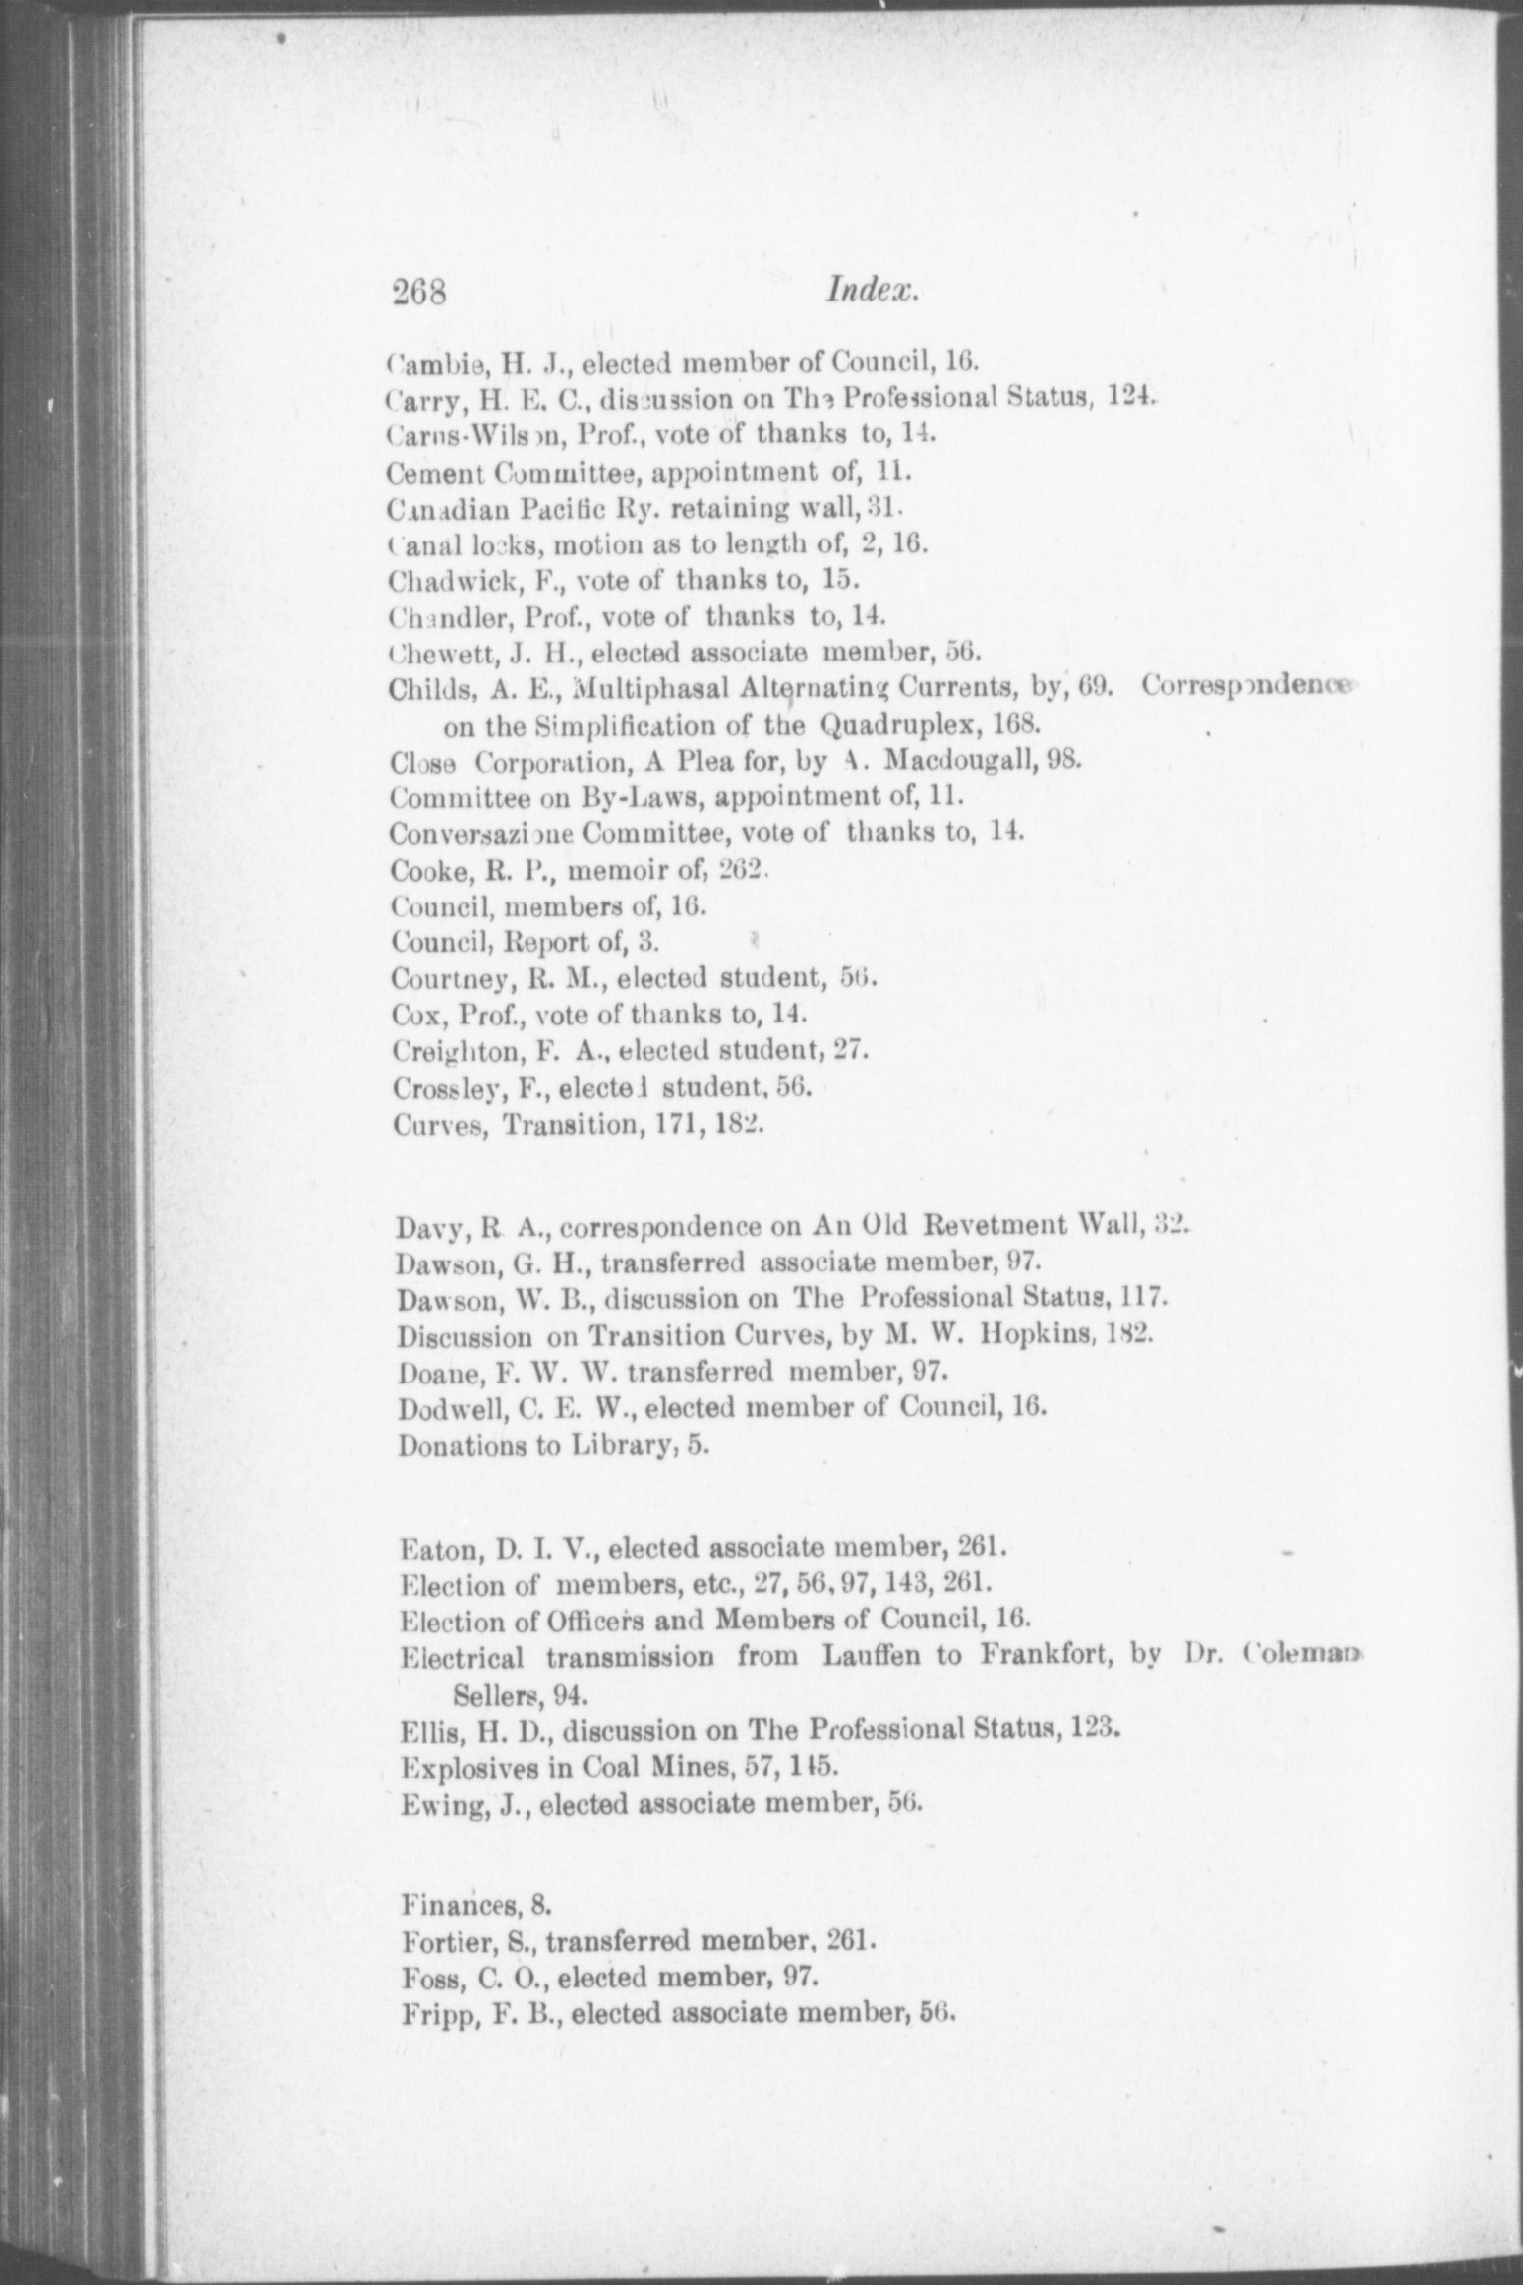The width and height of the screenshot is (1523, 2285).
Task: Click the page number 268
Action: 421,293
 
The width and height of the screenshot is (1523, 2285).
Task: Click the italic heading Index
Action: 874,291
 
